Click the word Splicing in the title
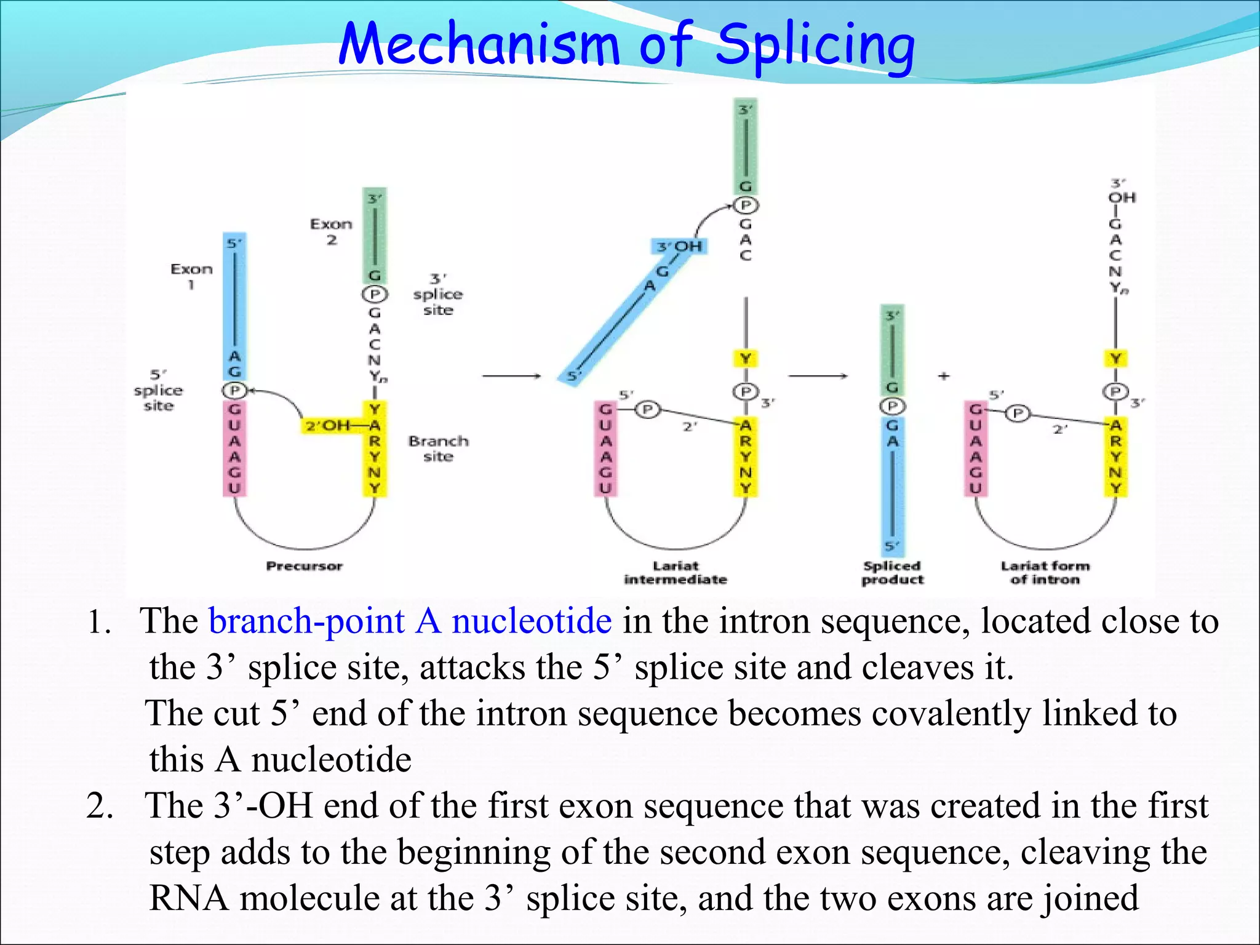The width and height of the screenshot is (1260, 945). (815, 44)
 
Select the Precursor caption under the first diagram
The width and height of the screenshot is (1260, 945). (304, 566)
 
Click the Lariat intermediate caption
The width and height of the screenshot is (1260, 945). (676, 573)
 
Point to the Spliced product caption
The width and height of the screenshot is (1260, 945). (892, 573)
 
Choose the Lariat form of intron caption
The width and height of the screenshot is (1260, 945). (1045, 573)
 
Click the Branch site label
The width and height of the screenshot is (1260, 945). (438, 449)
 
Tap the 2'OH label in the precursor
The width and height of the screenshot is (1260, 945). (327, 425)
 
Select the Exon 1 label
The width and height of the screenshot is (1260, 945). (191, 276)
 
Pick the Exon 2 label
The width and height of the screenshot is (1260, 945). (331, 231)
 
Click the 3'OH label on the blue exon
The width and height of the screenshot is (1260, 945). (679, 247)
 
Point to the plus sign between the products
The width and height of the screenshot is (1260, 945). (944, 376)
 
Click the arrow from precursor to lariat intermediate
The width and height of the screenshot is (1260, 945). (511, 376)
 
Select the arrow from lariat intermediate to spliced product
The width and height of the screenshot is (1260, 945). (818, 376)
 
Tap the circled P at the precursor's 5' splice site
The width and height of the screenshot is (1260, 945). (234, 390)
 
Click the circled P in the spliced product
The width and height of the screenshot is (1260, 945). (892, 406)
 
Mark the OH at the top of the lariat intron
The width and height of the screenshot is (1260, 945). (1122, 198)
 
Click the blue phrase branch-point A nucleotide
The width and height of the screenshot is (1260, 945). (410, 620)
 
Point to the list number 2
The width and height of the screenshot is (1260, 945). (99, 806)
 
